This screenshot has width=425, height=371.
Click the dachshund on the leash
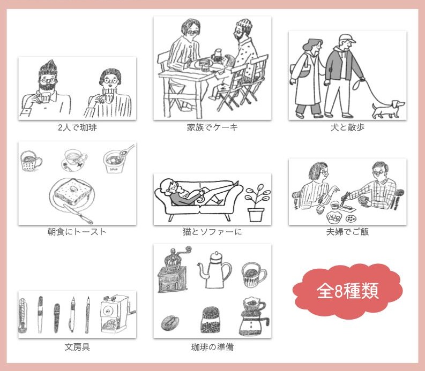click(x=387, y=109)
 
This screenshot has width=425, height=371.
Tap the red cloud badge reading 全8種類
click(x=347, y=291)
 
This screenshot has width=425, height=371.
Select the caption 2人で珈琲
click(x=77, y=127)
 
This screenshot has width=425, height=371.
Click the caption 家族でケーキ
click(x=212, y=127)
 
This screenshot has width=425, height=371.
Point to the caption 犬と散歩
click(x=347, y=127)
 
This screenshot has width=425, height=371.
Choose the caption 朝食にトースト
click(x=77, y=232)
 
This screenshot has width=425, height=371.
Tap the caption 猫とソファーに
click(x=212, y=232)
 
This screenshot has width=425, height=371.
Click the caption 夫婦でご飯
click(x=347, y=232)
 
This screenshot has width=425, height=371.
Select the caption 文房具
click(x=77, y=347)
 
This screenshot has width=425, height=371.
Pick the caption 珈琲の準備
click(x=212, y=347)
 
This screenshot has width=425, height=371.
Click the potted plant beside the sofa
click(x=257, y=203)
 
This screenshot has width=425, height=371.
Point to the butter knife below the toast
click(x=79, y=214)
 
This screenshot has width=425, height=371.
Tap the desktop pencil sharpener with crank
click(x=116, y=314)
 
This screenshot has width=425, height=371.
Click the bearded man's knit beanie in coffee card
click(x=48, y=69)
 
